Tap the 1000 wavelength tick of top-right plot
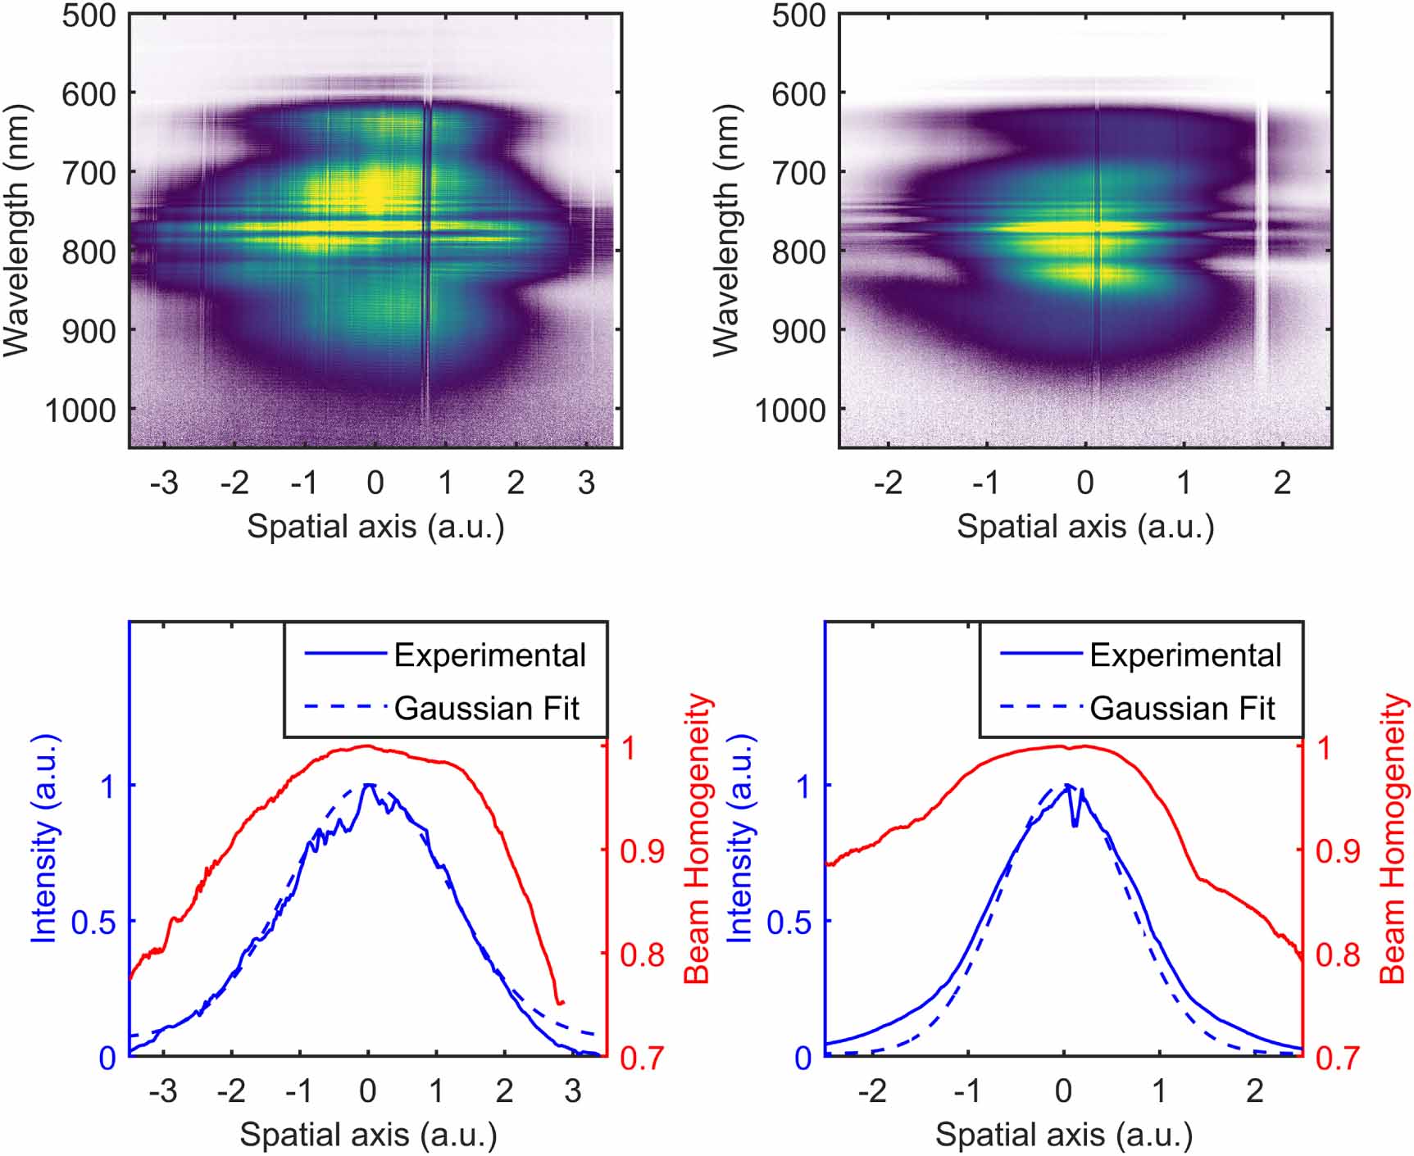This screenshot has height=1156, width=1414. coord(789,409)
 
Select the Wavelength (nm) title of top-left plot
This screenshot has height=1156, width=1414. coord(16,230)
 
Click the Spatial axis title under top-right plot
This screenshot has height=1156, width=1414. coord(1084,526)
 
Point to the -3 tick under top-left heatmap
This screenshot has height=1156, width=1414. coord(164,483)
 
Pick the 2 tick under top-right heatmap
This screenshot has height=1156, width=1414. coord(1282,483)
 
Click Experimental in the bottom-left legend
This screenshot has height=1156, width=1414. coord(489,655)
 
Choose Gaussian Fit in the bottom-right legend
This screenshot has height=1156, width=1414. coord(1182,708)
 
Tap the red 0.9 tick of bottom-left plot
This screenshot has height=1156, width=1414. coord(642,851)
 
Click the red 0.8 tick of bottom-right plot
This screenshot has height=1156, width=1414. coord(1338,954)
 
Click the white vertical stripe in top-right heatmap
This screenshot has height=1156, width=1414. coord(1262,246)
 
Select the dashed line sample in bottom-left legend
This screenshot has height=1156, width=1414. coord(344,708)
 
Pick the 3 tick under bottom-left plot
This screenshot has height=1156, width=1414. coord(572,1091)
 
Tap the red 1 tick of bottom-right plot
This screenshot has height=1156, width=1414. coord(1325,747)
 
